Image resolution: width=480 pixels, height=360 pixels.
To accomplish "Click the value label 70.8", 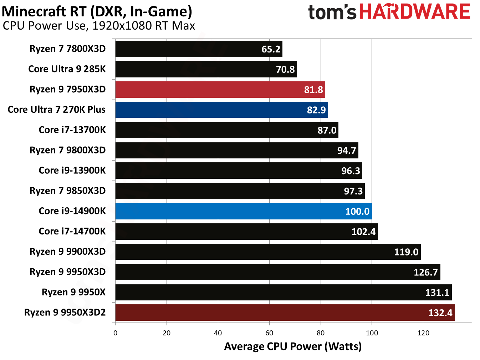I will point(285,70).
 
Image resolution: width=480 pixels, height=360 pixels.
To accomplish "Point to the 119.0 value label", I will point(406,252).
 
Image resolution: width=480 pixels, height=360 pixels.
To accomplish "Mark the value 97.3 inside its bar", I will point(353,191).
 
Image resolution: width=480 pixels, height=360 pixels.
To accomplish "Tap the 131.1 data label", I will point(437,293).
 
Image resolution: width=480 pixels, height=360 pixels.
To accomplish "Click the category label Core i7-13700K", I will point(72,130).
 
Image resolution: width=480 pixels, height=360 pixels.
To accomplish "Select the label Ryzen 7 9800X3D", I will point(67,150).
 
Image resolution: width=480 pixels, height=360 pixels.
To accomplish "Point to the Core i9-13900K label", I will point(72,171).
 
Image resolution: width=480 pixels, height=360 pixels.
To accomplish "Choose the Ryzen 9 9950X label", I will point(73,292).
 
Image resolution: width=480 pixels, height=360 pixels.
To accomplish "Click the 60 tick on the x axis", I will point(269,333).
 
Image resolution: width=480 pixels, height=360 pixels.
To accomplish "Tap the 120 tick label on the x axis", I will point(423,333).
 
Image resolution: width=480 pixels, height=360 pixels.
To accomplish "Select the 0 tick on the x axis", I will point(115,333).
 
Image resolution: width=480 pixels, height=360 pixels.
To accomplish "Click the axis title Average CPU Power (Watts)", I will point(293,346).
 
